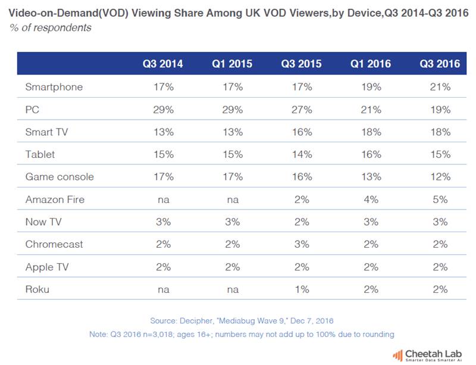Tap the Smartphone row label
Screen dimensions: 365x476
[54, 87]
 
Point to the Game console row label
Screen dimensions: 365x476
[59, 177]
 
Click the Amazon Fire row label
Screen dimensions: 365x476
[55, 199]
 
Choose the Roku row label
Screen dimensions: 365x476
[37, 289]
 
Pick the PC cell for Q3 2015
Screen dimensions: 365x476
[301, 110]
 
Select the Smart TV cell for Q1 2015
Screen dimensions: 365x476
[232, 132]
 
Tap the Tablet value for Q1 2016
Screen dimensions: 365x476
[370, 154]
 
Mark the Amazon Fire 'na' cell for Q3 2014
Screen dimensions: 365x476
[162, 199]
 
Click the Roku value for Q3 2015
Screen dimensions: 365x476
[301, 289]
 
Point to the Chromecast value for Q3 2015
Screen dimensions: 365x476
[301, 244]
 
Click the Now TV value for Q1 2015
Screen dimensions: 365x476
[232, 222]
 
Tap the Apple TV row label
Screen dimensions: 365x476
[47, 267]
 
